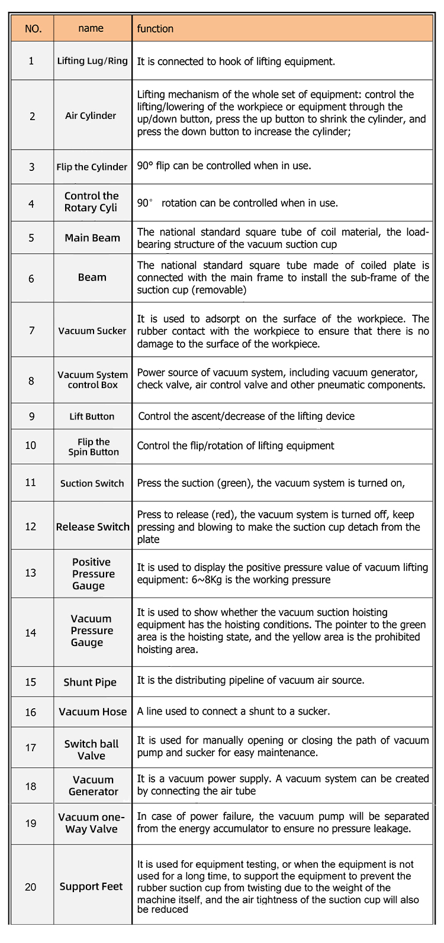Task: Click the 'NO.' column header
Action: coord(33,28)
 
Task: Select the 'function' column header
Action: coord(155,28)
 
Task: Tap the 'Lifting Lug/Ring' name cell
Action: coord(92,61)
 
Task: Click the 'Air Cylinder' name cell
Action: coord(91,115)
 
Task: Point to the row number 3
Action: coord(32,167)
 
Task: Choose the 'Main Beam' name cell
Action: coord(92,238)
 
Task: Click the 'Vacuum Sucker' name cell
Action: coord(92,331)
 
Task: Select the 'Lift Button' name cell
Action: coord(92,416)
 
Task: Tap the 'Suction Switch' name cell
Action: coord(92,483)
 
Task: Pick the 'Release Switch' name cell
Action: coord(92,527)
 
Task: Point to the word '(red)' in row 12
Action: coord(224,515)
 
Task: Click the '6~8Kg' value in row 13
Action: coord(207,580)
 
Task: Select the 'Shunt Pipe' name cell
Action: coord(90,682)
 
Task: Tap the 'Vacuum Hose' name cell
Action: coord(92,712)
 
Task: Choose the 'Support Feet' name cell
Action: coord(91,886)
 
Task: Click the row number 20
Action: coord(31,887)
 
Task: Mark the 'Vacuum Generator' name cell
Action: coord(93,786)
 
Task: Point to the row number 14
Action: coord(31,633)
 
